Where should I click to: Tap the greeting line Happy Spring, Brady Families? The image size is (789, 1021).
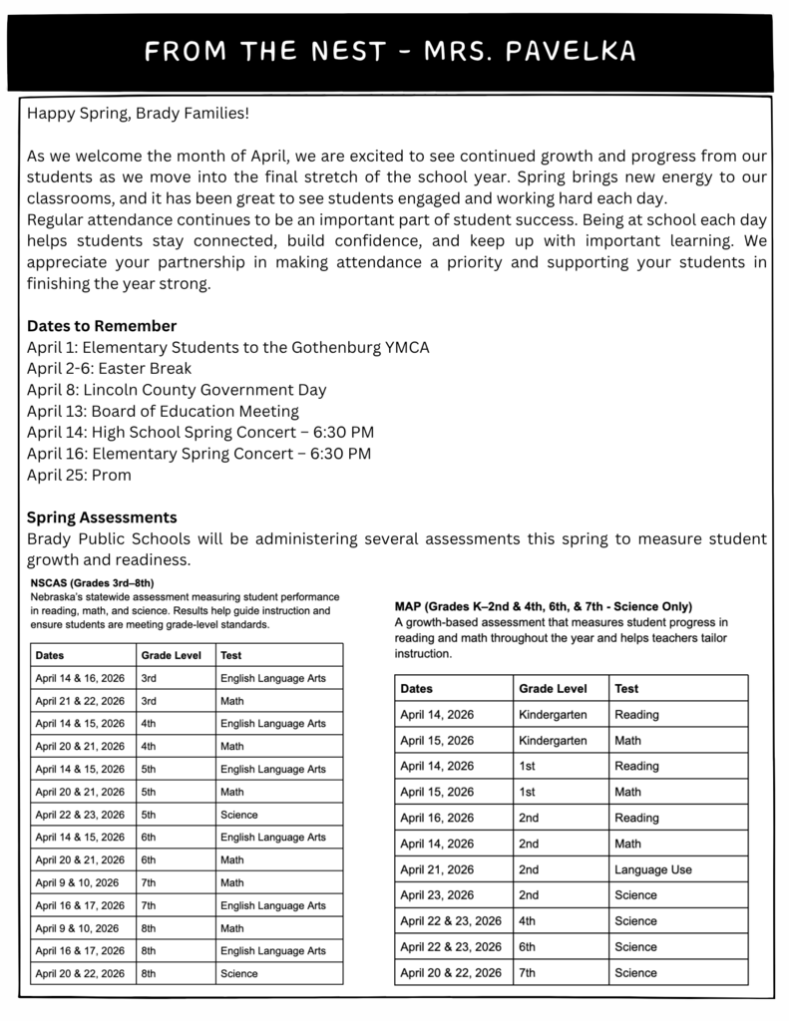pos(138,113)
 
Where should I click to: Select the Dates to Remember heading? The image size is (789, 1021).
pos(102,326)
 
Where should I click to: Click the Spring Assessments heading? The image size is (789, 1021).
pos(102,517)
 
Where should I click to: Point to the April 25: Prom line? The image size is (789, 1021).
pos(79,475)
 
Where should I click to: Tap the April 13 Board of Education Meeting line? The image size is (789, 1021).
pos(163,411)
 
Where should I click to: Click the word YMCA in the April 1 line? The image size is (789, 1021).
pos(403,347)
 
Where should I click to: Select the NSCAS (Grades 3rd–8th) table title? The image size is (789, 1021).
pos(92,582)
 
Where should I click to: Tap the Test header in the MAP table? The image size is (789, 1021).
pos(626,688)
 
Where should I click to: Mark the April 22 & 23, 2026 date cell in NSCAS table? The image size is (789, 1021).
pos(80,815)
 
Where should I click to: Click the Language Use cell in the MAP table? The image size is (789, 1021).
pos(652,869)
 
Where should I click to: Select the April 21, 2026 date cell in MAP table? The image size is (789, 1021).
pos(437,869)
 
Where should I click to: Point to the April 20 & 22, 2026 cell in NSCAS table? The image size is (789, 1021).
pos(80,973)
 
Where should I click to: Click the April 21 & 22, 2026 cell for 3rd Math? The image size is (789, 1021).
pos(80,701)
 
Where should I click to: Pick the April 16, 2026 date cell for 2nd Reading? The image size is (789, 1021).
pos(437,818)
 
